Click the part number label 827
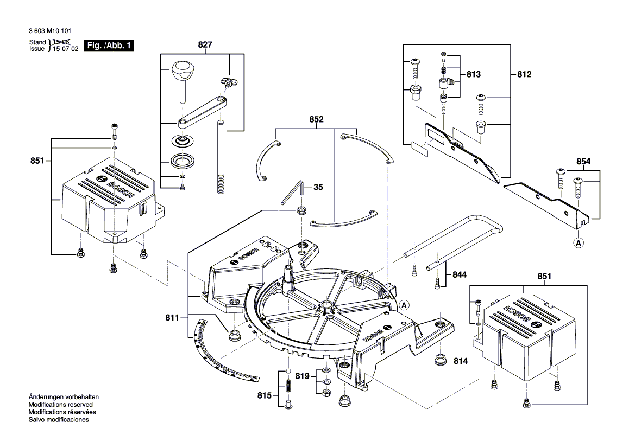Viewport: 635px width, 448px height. click(x=204, y=46)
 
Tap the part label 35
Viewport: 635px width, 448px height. click(x=318, y=187)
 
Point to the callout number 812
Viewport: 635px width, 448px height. click(x=524, y=74)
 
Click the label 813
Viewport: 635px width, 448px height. click(x=474, y=74)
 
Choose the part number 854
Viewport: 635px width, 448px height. click(x=584, y=161)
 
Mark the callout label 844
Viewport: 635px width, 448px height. click(x=460, y=275)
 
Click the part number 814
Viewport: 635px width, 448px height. click(x=461, y=361)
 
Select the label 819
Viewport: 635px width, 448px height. click(x=302, y=375)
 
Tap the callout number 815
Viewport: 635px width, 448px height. click(x=265, y=395)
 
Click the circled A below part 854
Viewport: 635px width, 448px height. click(x=579, y=244)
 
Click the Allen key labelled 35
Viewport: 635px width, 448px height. click(x=293, y=193)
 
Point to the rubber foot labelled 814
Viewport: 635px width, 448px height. click(x=440, y=360)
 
